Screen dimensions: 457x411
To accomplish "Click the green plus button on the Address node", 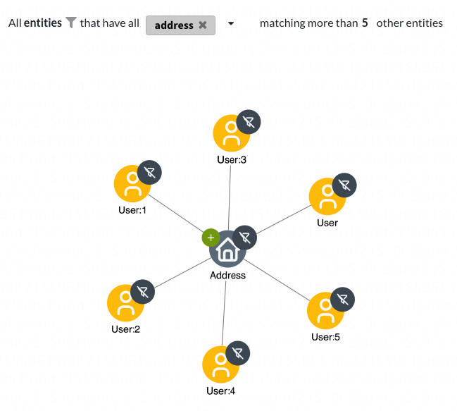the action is coord(211,238).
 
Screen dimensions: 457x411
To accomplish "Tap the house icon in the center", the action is coord(227,249).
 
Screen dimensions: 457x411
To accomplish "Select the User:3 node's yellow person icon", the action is coord(232,133).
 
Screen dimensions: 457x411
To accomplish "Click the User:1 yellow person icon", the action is coord(132,184).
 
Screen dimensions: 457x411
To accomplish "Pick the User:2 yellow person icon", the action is coord(125,303).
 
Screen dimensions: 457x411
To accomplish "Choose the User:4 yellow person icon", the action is coord(220,364).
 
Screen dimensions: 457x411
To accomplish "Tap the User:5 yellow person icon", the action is coord(325,311).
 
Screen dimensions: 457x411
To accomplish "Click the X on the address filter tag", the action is coord(203,25).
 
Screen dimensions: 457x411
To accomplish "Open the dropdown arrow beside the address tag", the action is coord(231,24).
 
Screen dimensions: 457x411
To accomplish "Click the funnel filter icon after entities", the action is coord(71,23).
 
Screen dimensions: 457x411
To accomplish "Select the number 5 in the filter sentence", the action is coord(365,23).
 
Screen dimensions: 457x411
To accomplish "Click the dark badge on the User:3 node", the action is coord(249,122).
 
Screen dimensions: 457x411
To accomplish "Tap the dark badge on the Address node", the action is coord(245,238).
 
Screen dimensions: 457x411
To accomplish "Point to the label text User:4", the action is coord(220,391).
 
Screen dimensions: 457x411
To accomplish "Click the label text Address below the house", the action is coord(227,276).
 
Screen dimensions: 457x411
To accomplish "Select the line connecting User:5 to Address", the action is coord(277,280).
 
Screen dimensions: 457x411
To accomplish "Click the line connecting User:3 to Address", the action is coord(230,198).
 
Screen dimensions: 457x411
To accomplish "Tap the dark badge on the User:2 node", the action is coord(142,292).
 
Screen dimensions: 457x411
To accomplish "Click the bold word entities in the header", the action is coord(43,23).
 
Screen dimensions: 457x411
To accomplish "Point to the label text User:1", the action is coord(132,210).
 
